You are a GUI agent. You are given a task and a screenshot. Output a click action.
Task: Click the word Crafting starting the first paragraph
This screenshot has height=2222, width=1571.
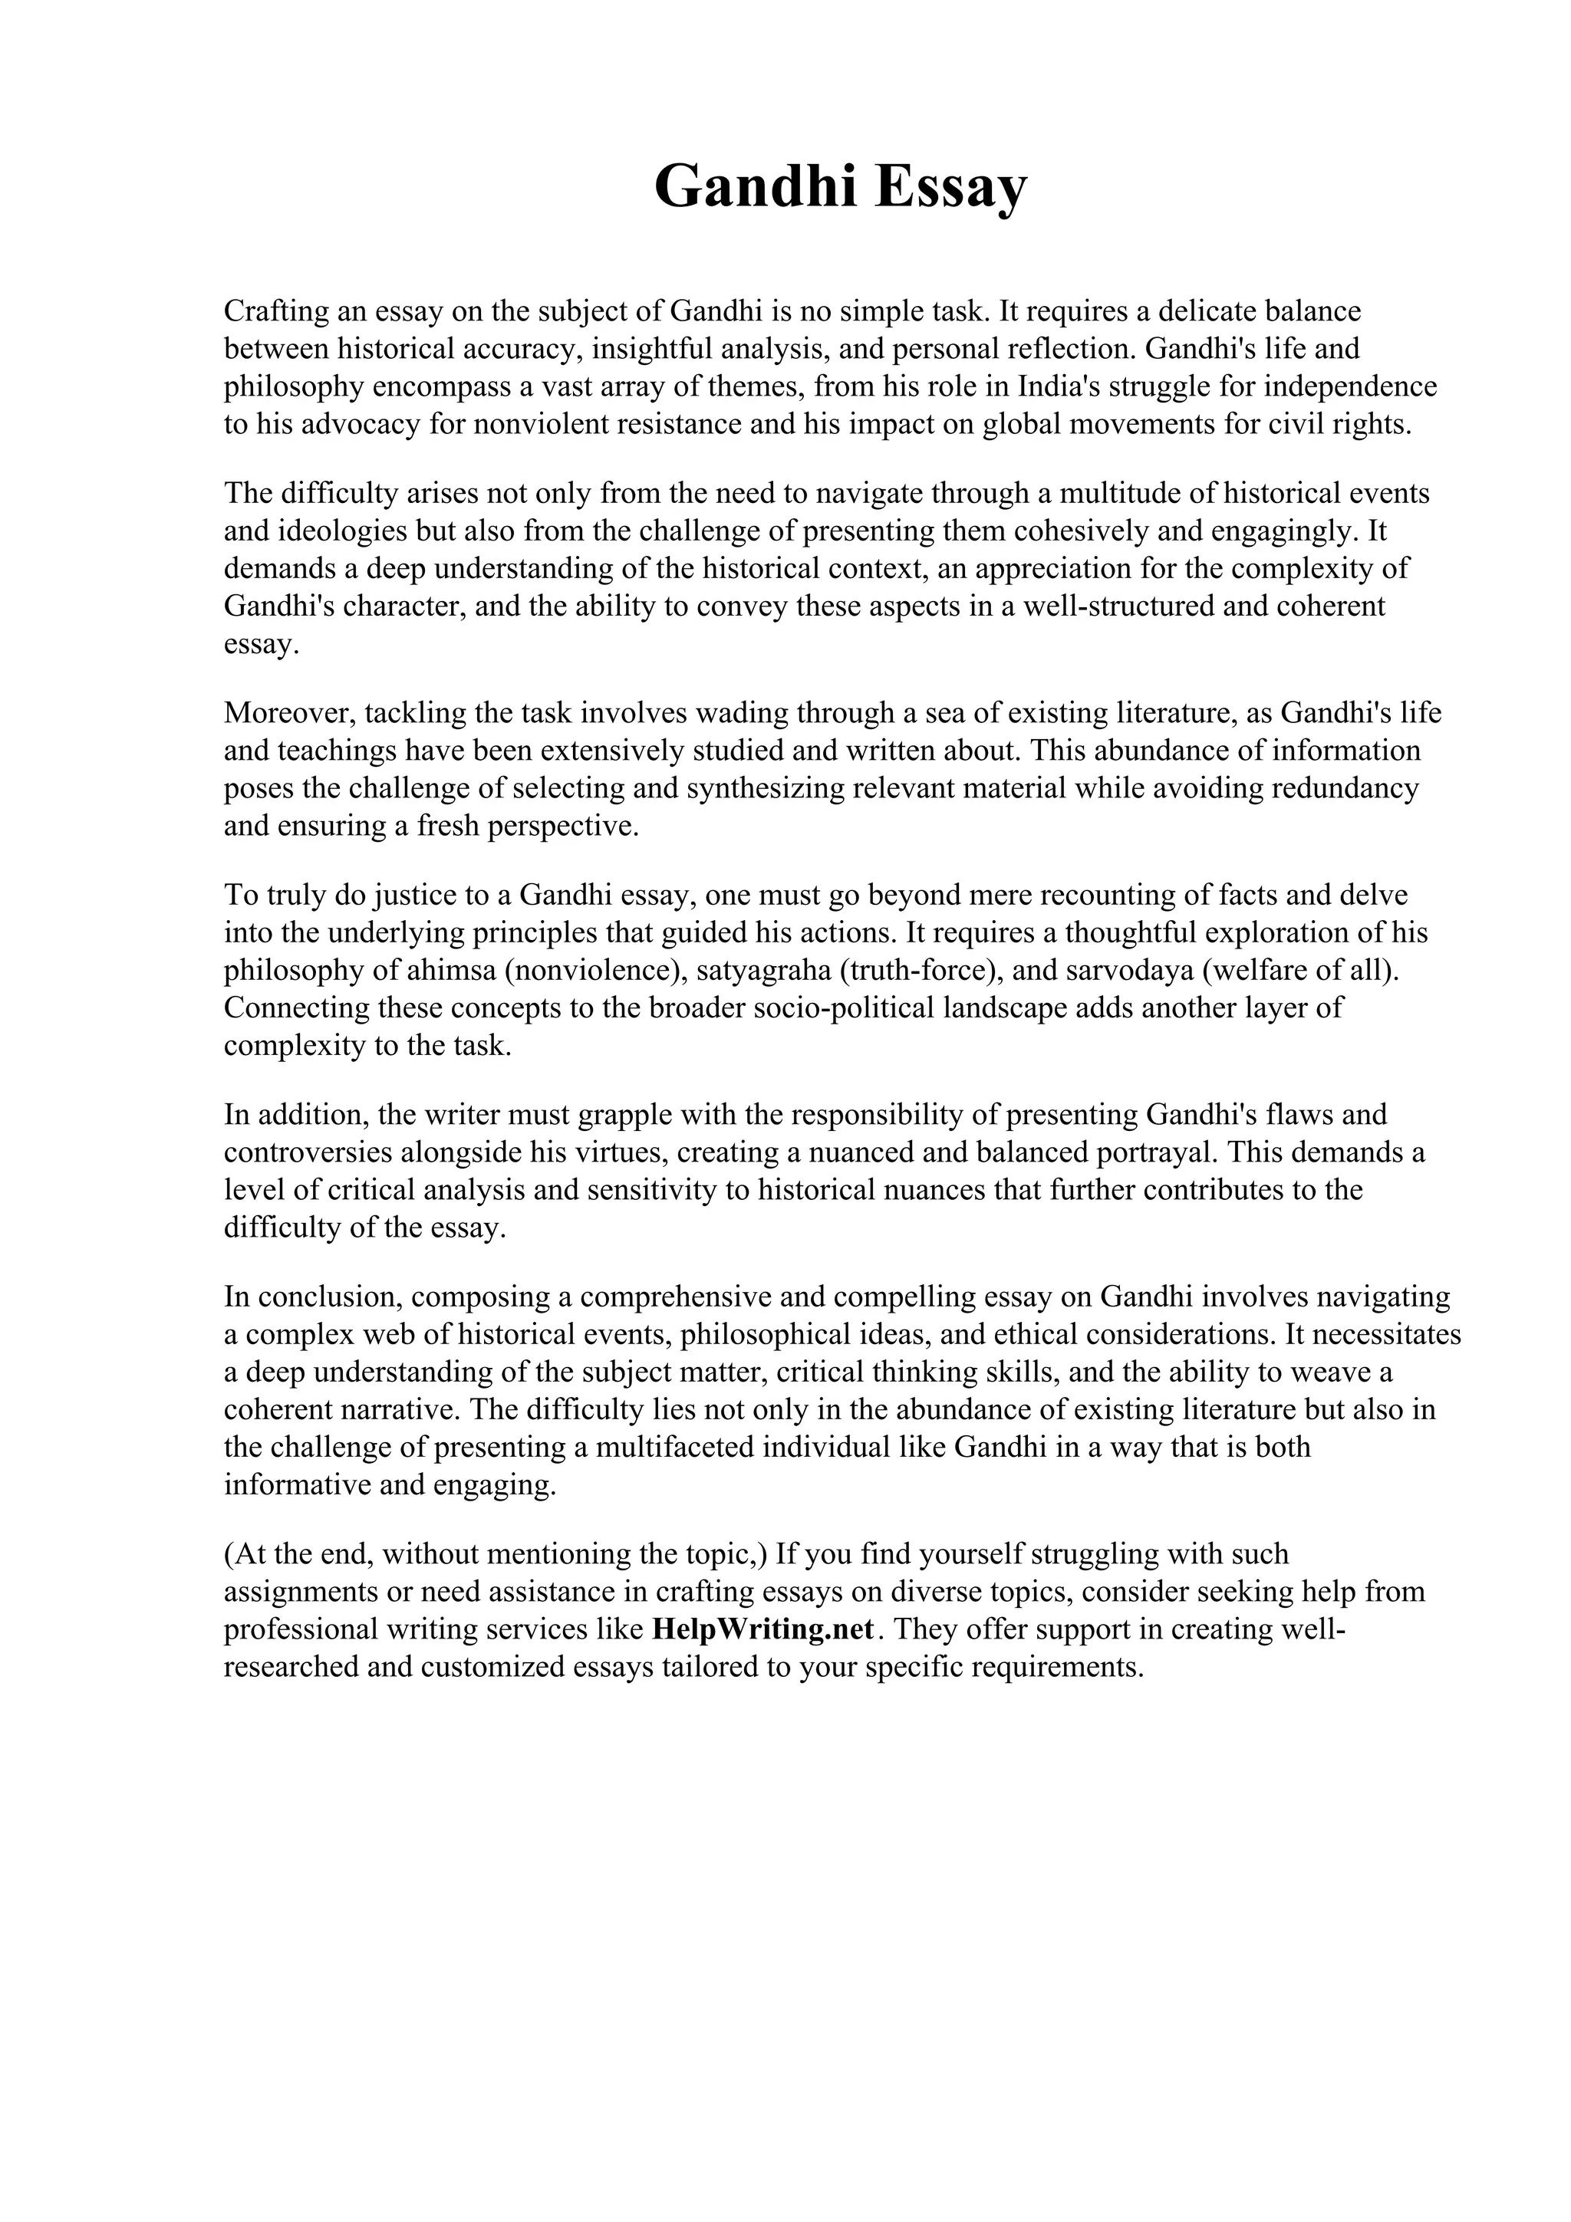tap(275, 311)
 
